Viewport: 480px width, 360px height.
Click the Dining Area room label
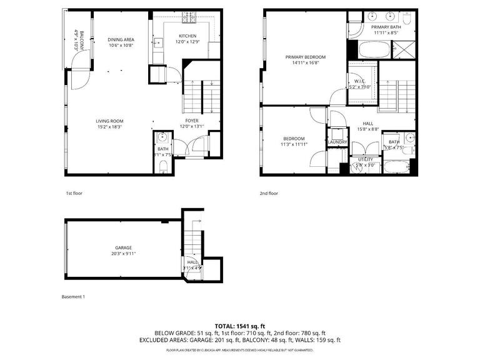tap(121, 39)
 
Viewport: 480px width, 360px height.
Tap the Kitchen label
tap(188, 36)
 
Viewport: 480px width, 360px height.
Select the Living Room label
tap(109, 121)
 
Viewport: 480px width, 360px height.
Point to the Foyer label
tap(192, 120)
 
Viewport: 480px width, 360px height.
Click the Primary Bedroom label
tap(306, 57)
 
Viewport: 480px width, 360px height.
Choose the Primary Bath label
tap(386, 27)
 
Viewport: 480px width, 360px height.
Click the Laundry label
tap(337, 142)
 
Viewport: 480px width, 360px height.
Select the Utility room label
tap(365, 159)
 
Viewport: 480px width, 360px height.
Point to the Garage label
tap(123, 247)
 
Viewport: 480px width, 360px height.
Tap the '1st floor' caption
tap(74, 193)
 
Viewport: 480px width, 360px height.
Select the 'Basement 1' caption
tap(73, 296)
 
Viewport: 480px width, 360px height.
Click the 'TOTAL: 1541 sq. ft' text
tap(240, 326)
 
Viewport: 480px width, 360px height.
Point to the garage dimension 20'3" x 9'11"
tap(123, 254)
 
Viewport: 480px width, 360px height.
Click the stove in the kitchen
tap(187, 19)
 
